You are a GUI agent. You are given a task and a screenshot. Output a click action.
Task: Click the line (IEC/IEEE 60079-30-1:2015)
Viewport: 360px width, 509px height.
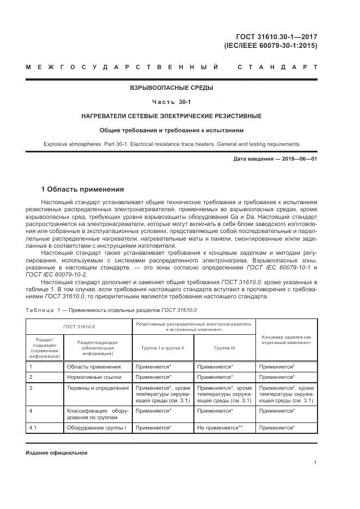(x=271, y=46)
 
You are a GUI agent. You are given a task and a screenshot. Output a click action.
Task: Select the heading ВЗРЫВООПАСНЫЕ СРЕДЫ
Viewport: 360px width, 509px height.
(x=171, y=88)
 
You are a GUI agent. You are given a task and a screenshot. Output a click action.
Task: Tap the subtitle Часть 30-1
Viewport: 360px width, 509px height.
(x=171, y=102)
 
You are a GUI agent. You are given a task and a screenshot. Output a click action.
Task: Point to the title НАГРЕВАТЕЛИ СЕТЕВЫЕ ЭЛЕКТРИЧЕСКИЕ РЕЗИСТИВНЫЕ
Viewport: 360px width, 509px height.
(x=171, y=116)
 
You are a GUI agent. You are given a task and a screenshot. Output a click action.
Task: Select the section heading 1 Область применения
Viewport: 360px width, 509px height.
(x=82, y=189)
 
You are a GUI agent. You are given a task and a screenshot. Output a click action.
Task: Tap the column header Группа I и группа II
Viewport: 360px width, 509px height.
(x=162, y=347)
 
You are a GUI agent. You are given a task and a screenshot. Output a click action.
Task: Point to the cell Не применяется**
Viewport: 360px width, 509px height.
(x=219, y=428)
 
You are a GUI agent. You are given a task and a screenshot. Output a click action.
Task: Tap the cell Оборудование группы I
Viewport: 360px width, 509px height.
(x=96, y=428)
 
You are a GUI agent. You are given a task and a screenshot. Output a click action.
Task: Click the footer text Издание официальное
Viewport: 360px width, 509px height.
(x=57, y=452)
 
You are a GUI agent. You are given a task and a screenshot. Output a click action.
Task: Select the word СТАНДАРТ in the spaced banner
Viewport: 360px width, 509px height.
(x=278, y=68)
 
